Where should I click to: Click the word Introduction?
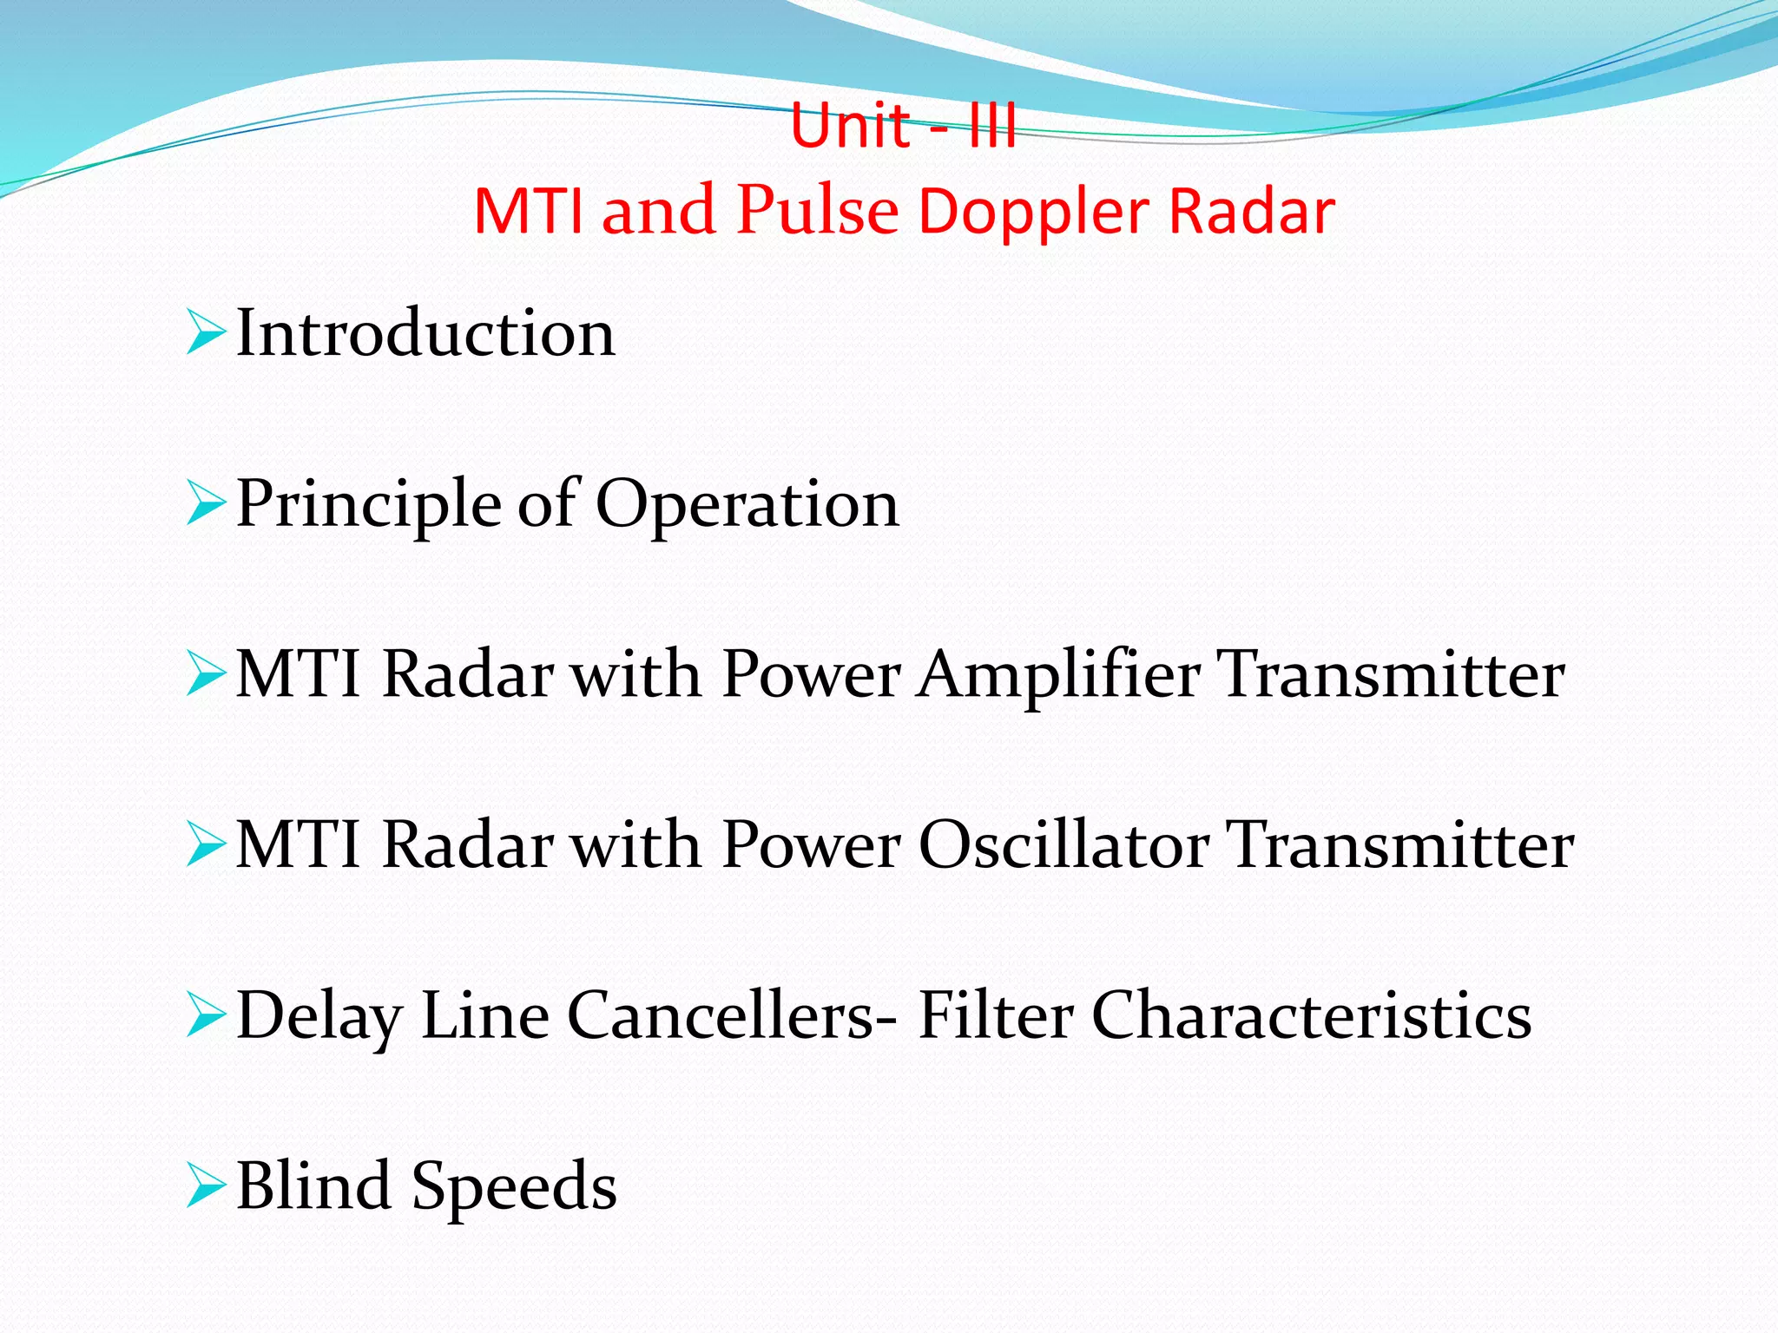425,333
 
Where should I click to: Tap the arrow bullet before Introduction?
205,334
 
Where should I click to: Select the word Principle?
368,505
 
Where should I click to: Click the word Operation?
747,505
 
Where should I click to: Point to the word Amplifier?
1059,675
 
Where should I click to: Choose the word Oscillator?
1064,845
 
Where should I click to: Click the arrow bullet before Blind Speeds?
205,1187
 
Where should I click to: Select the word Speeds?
514,1187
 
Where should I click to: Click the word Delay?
319,1015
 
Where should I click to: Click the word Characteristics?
1311,1015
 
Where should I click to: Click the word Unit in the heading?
850,127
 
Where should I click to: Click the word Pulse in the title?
817,211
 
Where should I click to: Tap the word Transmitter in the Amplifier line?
1393,675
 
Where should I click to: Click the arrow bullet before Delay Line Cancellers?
205,1016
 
